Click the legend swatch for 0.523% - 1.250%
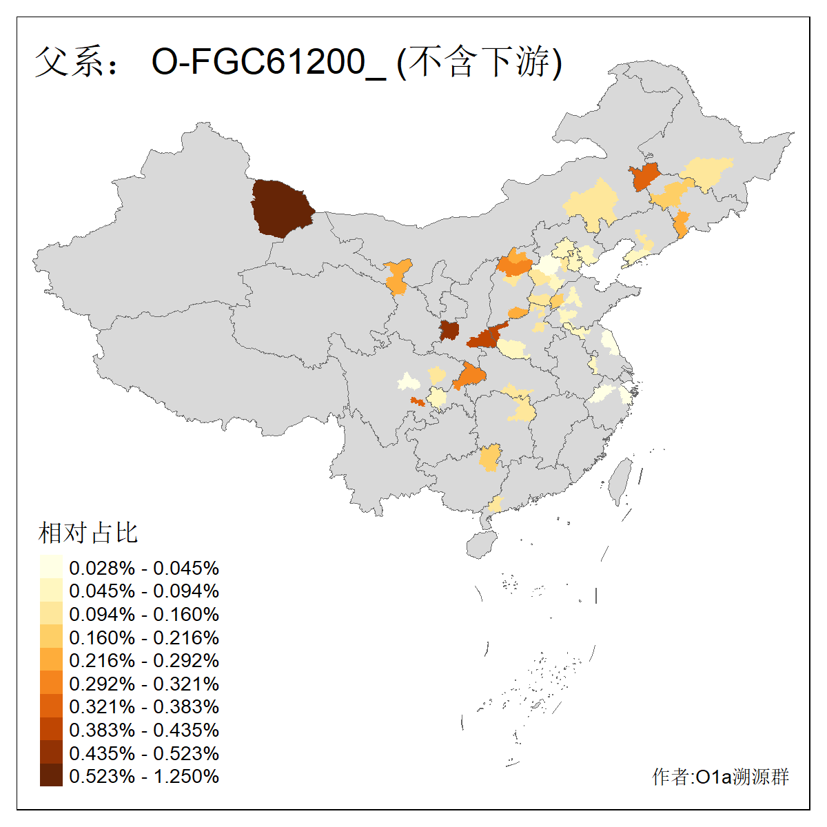point(51,776)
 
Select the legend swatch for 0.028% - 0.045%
point(51,567)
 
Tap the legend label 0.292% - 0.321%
point(144,684)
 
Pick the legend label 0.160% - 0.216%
point(144,637)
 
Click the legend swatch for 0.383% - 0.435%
point(51,730)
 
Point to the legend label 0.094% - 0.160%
point(144,614)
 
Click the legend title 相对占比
point(88,533)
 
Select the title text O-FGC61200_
point(268,62)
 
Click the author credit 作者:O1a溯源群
point(720,777)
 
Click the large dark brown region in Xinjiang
point(280,207)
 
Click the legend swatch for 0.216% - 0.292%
point(51,660)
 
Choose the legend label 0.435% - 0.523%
point(144,753)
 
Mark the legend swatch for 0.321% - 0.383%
point(51,706)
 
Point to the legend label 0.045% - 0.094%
point(144,591)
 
